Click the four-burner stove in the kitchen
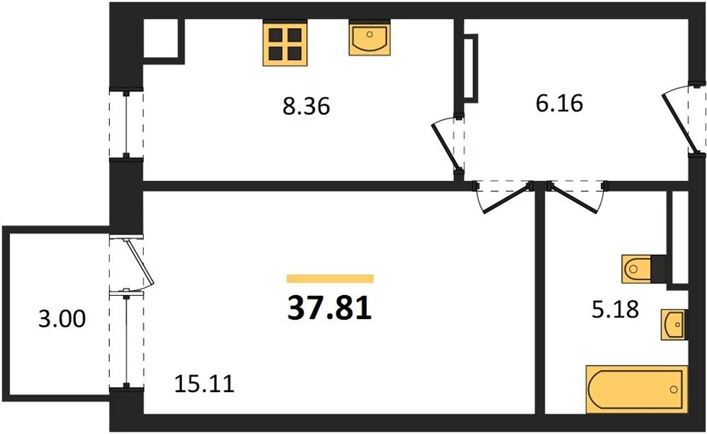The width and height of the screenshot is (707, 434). [x=285, y=44]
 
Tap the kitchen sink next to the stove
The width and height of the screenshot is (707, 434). [x=369, y=39]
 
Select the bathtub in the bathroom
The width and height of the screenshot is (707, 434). [x=637, y=389]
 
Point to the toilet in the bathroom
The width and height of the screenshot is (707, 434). [x=636, y=269]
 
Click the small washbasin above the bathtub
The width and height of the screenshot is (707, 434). [x=674, y=324]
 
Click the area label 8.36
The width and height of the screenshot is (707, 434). [x=306, y=106]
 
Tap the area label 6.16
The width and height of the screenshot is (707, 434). [x=559, y=103]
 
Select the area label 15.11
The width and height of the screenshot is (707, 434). [x=204, y=384]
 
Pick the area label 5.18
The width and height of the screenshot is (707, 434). [x=615, y=310]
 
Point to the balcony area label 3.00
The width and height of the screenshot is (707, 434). [x=62, y=319]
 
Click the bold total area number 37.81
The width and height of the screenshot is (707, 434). [x=329, y=308]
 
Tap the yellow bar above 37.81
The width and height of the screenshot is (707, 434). [x=330, y=278]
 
